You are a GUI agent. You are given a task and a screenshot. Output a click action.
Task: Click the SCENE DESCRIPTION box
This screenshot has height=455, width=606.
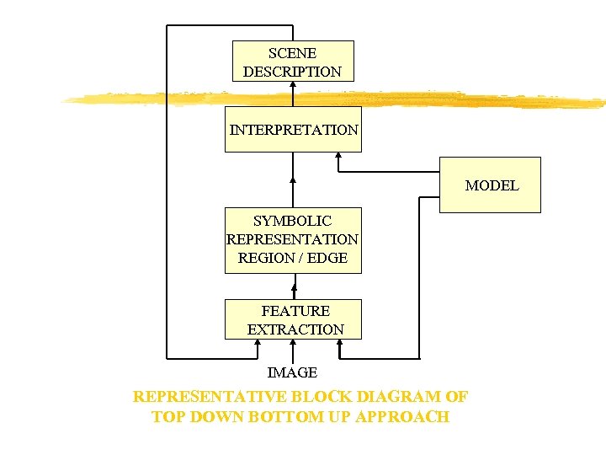[x=293, y=61]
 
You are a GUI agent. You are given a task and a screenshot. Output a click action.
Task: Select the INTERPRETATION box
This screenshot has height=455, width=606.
[x=293, y=129]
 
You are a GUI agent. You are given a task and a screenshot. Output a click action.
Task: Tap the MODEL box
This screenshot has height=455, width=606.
[x=491, y=185]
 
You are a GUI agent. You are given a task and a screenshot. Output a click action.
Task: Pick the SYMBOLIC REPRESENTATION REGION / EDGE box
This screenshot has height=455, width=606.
[x=293, y=240]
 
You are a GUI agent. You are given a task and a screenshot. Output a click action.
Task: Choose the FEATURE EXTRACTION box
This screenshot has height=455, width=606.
[x=293, y=319]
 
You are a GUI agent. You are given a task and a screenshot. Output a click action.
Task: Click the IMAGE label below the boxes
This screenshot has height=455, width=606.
[x=292, y=372]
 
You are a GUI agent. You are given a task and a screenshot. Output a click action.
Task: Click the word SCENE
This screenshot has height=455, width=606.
[x=293, y=53]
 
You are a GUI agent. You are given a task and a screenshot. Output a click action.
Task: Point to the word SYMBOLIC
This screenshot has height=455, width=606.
[x=293, y=222]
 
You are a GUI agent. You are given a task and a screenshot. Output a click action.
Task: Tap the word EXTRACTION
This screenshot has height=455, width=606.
[x=295, y=329]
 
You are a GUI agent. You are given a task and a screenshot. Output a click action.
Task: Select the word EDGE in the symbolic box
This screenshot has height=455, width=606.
[x=327, y=258]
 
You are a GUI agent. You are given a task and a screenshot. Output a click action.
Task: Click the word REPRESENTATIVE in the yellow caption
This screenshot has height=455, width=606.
[x=210, y=397]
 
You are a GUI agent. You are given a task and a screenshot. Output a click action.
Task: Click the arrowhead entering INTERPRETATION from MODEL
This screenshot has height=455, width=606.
[x=338, y=156]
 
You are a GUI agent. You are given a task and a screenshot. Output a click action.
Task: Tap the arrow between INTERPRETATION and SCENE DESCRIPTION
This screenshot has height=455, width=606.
[x=293, y=94]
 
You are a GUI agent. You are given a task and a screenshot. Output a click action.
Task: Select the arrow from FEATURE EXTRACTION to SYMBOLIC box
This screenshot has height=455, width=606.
[x=293, y=286]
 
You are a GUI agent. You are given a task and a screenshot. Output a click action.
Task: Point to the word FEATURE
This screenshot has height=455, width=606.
[x=295, y=311]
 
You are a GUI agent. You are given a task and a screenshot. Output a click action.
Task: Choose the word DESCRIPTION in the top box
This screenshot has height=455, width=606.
[x=293, y=72]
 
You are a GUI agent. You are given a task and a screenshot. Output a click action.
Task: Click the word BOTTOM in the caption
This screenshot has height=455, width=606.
[x=279, y=417]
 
